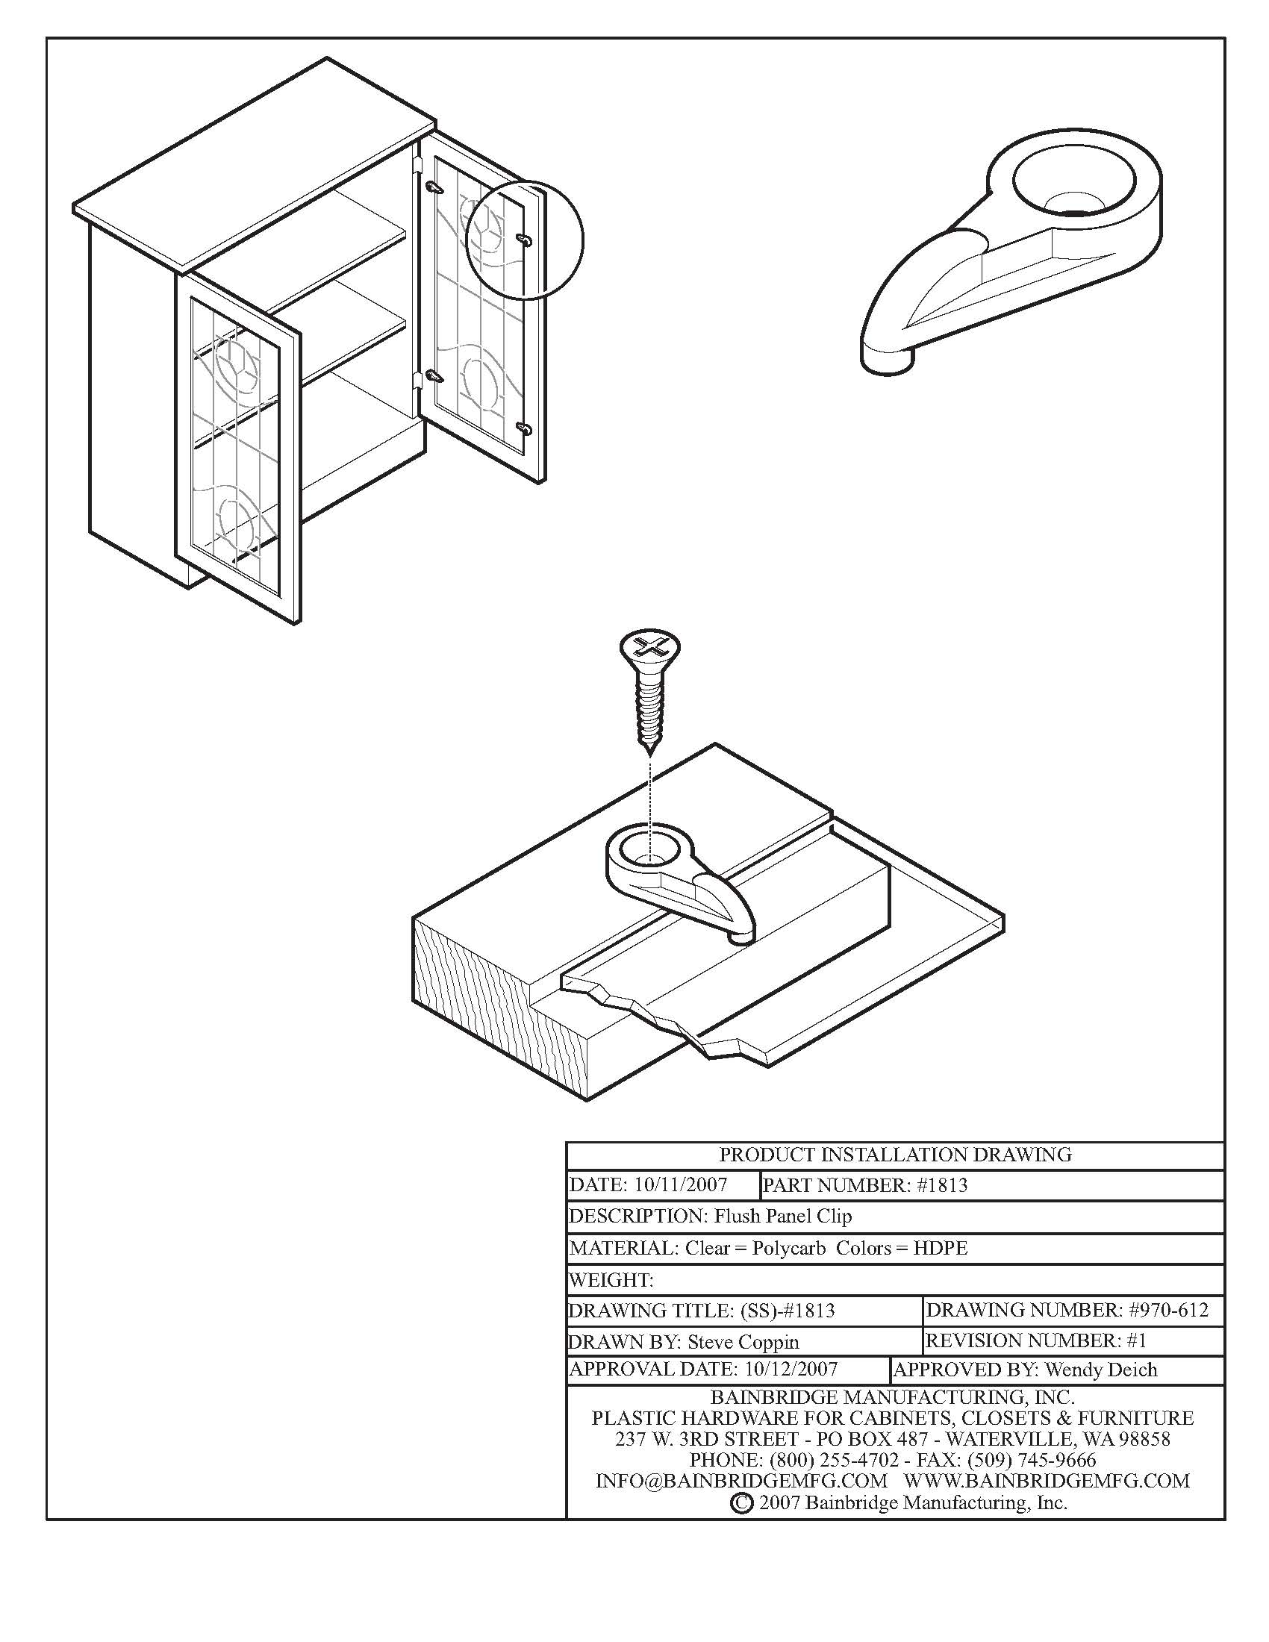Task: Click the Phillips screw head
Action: click(x=649, y=648)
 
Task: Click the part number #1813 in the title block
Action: click(x=942, y=1186)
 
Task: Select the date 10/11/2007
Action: click(x=680, y=1186)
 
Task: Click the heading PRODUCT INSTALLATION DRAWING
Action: click(x=894, y=1155)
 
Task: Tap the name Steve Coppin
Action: click(x=743, y=1342)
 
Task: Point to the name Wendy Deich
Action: click(x=1100, y=1370)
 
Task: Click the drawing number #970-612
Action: click(x=1168, y=1311)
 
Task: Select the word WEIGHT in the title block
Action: click(x=610, y=1279)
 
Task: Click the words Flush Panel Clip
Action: click(x=782, y=1217)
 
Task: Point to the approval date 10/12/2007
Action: click(x=790, y=1369)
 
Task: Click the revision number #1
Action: click(x=1137, y=1340)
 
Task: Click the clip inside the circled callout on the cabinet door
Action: click(x=525, y=239)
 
